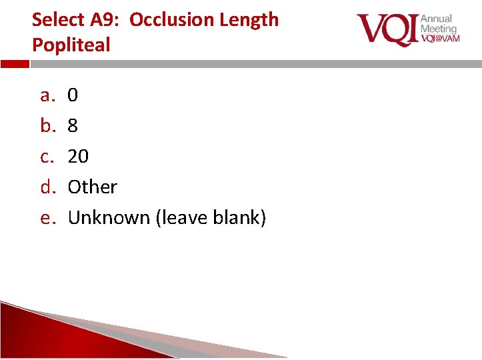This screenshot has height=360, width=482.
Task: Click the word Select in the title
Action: [55, 19]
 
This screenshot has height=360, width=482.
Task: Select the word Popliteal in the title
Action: [71, 45]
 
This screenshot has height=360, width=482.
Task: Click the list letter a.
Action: [47, 96]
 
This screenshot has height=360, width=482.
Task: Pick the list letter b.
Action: [47, 126]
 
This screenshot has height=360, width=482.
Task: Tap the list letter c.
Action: [47, 157]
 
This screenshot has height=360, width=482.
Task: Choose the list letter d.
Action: [47, 187]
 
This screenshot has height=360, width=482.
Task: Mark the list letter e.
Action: [47, 218]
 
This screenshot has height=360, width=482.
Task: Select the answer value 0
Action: [73, 96]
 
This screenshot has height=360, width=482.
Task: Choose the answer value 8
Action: [73, 126]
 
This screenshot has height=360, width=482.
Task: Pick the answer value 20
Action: [78, 157]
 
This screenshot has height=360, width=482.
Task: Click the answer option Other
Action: [93, 187]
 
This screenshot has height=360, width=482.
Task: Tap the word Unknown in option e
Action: [109, 218]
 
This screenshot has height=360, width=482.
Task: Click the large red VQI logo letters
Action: [386, 30]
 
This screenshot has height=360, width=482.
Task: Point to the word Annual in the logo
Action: [436, 19]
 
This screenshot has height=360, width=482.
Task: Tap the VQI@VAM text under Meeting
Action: [439, 39]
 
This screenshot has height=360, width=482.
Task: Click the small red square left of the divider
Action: [15, 64]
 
